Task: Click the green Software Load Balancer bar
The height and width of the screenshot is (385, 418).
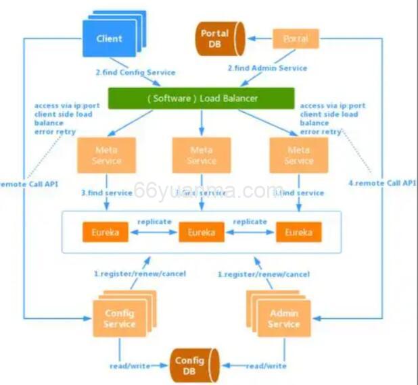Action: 202,98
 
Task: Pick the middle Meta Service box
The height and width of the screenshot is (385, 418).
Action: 202,156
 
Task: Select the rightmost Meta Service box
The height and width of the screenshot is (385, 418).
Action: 298,156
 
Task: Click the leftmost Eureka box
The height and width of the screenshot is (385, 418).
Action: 104,232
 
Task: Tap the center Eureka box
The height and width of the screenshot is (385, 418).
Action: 202,232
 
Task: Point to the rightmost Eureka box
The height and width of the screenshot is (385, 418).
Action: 298,232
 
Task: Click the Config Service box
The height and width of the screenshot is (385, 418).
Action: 119,318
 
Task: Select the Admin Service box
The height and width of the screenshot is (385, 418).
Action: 284,318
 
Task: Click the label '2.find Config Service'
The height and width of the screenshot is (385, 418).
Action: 135,72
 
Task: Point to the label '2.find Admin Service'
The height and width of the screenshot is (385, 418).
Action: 267,68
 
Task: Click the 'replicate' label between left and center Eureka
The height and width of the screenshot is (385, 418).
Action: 154,221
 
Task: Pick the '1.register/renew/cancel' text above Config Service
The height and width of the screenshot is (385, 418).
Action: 139,274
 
